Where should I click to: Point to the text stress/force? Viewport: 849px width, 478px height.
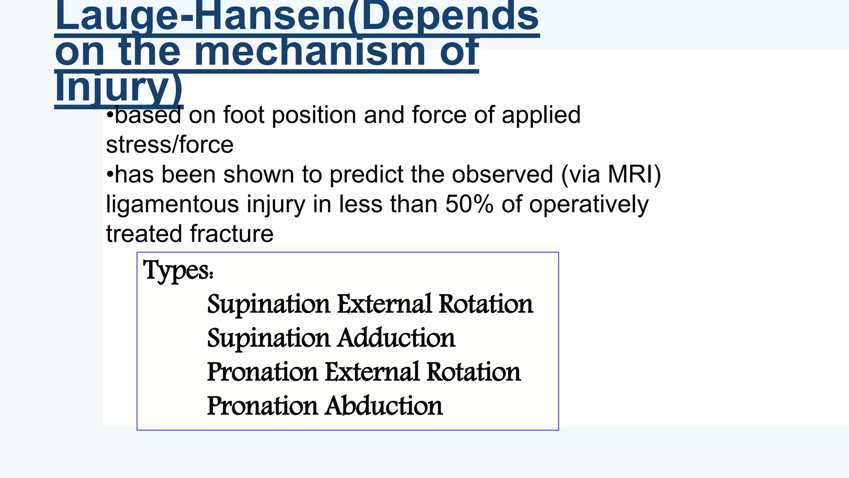pos(170,144)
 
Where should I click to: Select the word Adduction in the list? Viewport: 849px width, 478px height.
pos(396,338)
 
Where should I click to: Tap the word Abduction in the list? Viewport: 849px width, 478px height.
pos(384,406)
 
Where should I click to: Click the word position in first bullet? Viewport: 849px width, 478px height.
pos(314,115)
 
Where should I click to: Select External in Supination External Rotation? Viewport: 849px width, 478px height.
pos(384,304)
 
